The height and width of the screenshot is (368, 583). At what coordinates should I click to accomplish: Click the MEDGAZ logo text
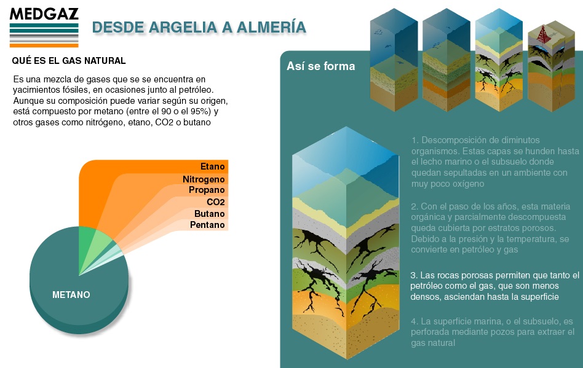pos(44,14)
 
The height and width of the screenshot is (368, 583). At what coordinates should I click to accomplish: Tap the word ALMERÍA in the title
pos(271,27)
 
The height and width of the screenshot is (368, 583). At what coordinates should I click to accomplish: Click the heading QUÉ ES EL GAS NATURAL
pos(69,61)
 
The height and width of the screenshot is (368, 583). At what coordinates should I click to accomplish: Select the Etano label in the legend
pos(213,166)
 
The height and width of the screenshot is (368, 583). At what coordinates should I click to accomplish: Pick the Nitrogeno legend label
pos(204,179)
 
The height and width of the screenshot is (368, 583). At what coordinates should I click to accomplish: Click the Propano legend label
pos(207,190)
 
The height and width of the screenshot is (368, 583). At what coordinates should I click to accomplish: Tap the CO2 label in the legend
pos(216,202)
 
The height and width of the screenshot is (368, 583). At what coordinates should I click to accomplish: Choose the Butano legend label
pos(209,214)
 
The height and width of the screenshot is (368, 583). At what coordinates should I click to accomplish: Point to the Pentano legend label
pos(207,225)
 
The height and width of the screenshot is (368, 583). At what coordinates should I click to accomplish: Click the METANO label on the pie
pos(71,295)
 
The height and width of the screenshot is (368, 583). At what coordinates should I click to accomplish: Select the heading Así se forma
pos(321,66)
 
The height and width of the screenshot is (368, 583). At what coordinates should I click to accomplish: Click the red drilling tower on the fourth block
pos(544,34)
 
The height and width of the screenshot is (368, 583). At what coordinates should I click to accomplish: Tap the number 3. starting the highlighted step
pos(414,275)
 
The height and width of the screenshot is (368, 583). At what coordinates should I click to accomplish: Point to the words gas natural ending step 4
pos(433,343)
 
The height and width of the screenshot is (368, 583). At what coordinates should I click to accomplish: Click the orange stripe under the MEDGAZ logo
pos(44,45)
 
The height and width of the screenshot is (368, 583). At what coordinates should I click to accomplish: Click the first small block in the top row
pos(394,60)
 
